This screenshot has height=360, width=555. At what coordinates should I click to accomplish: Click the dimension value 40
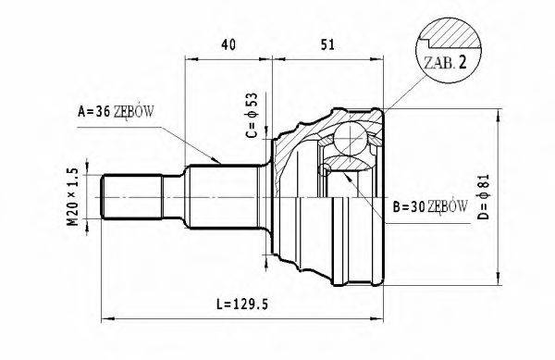(228, 44)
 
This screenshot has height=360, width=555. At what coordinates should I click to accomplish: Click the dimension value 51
(327, 44)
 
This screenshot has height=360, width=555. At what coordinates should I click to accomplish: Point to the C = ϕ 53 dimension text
(251, 116)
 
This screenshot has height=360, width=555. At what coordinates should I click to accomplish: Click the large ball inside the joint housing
(350, 142)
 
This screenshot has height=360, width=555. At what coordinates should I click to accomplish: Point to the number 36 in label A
(102, 113)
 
